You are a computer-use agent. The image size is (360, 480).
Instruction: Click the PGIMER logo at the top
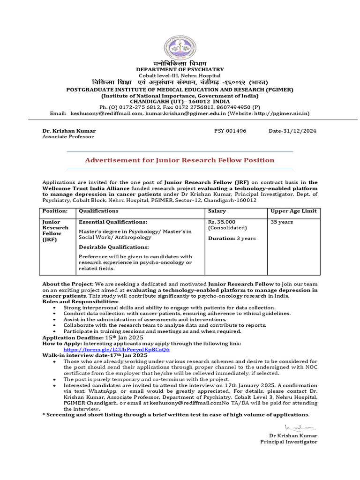pyautogui.click(x=180, y=48)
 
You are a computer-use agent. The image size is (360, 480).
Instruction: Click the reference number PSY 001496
pyautogui.click(x=230, y=131)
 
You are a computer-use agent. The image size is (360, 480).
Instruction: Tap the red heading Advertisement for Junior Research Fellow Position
pyautogui.click(x=180, y=160)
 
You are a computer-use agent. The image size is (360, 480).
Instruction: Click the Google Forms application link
pyautogui.click(x=117, y=350)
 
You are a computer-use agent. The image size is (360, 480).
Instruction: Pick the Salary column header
pyautogui.click(x=217, y=211)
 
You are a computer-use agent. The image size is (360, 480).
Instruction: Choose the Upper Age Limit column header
pyautogui.click(x=293, y=211)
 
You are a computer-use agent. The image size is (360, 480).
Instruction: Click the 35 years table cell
pyautogui.click(x=282, y=222)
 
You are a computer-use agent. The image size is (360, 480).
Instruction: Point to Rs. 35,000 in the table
pyautogui.click(x=222, y=222)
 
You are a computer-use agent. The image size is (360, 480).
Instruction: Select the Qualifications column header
pyautogui.click(x=98, y=211)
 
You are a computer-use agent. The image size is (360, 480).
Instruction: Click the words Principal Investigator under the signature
pyautogui.click(x=289, y=442)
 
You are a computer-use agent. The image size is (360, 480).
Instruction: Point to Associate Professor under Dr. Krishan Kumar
pyautogui.click(x=68, y=137)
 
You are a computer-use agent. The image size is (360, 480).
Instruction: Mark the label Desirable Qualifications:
pyautogui.click(x=114, y=247)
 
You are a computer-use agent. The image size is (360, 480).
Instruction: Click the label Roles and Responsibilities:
pyautogui.click(x=80, y=301)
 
